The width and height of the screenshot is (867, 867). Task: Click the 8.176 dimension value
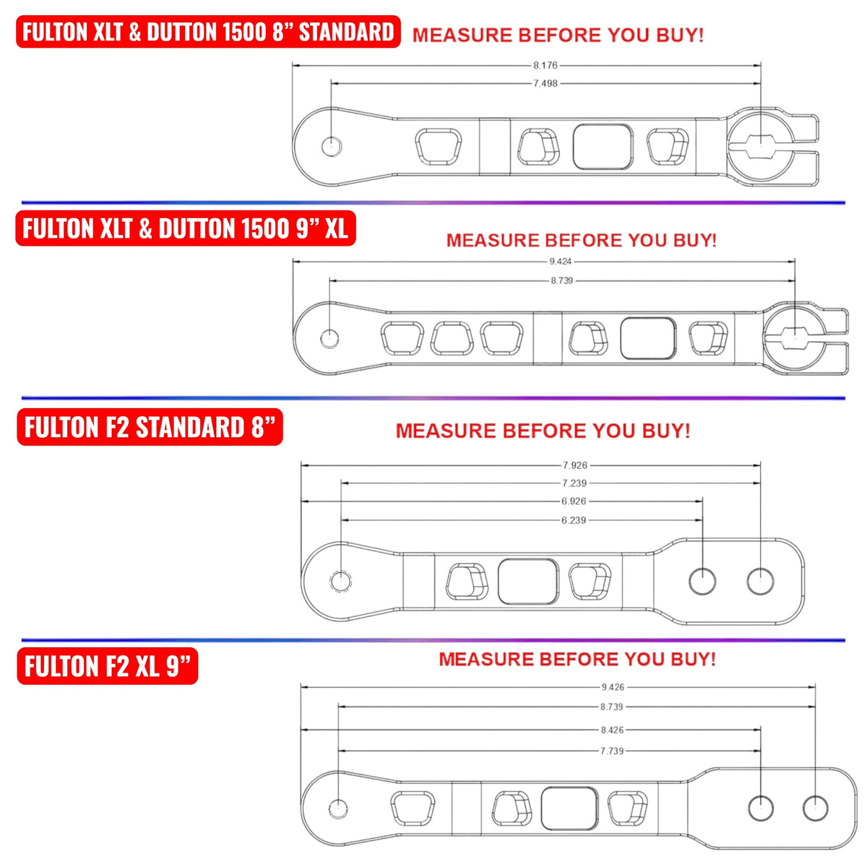[545, 65]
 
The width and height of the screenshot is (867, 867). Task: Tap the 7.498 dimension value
[545, 84]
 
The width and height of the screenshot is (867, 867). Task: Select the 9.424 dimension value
[561, 262]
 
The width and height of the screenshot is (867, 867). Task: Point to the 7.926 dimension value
[575, 465]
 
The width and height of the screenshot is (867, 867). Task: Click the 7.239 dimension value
[574, 483]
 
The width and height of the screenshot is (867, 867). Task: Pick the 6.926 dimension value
[574, 501]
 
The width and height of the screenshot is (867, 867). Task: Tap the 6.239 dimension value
[574, 520]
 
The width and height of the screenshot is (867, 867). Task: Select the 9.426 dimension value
[613, 687]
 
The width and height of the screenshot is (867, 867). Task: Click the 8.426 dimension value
[612, 730]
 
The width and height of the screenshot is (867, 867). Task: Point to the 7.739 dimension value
[612, 751]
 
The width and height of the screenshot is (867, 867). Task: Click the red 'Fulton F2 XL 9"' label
[108, 666]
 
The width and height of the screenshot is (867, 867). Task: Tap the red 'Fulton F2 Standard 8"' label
[150, 428]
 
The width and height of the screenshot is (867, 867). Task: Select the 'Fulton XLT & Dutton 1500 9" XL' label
[186, 229]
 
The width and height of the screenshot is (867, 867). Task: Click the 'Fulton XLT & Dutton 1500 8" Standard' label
[208, 33]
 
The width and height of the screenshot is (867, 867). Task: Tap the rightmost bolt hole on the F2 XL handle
[815, 808]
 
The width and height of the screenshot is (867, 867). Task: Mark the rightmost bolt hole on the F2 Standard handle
[760, 581]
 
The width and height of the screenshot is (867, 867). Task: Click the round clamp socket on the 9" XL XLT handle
[794, 334]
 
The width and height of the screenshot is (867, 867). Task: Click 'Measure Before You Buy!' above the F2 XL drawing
[577, 659]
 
